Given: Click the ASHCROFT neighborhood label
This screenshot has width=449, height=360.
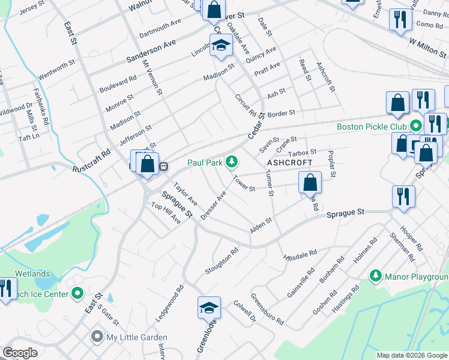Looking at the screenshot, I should coord(290,163).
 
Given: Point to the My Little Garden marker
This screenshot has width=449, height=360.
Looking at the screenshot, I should coord(97,337).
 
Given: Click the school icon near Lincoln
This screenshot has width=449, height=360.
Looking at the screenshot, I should coord(221,45).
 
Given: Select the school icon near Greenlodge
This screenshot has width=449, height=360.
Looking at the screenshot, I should coord(209,308).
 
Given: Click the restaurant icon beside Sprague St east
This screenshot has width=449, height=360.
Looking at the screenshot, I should coord(403,196).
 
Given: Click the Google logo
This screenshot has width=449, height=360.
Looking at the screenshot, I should coord(20,353).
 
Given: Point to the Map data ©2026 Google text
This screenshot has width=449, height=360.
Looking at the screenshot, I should coord(411,355).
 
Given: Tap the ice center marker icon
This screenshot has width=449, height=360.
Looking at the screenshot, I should coord(77,293).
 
